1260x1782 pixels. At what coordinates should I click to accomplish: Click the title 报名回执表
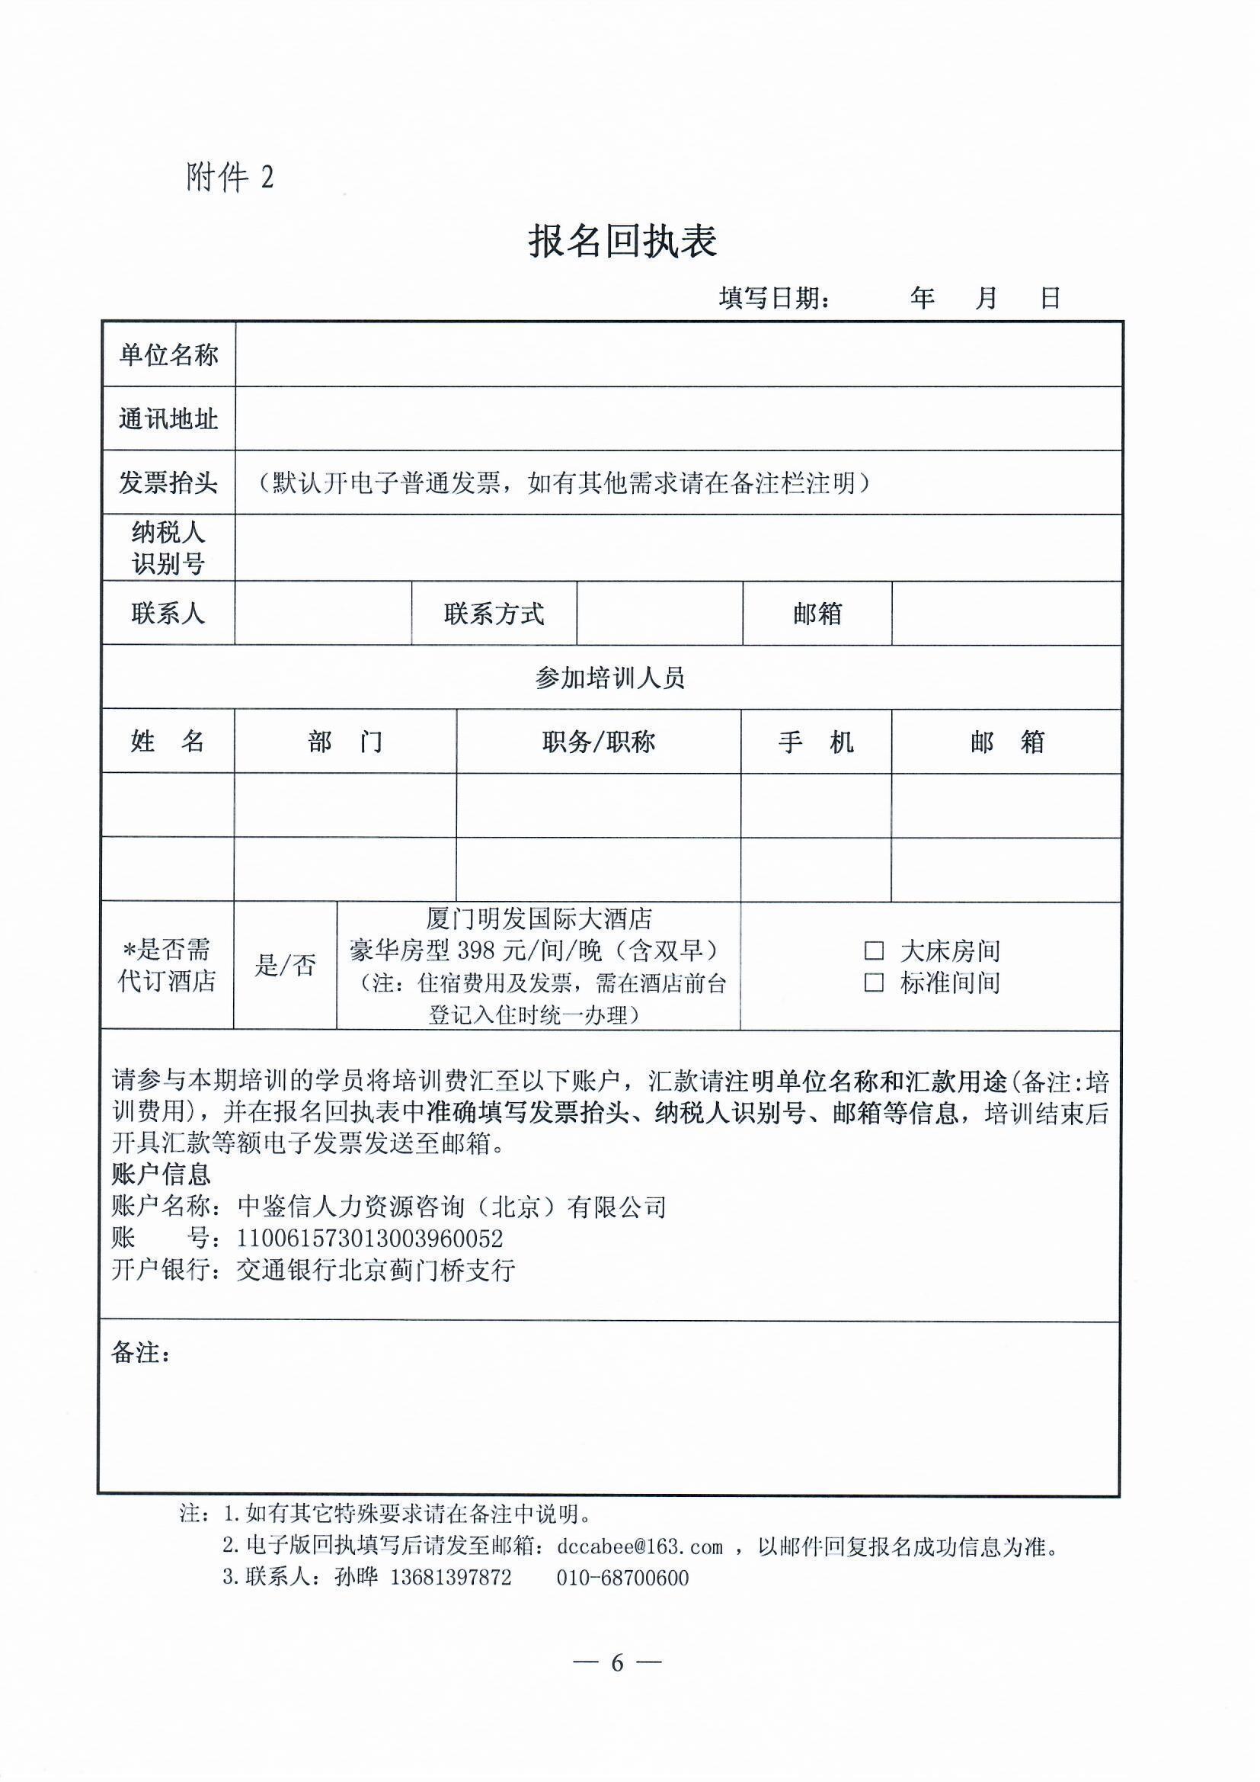pyautogui.click(x=622, y=242)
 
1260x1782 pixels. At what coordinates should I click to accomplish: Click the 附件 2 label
pyautogui.click(x=229, y=178)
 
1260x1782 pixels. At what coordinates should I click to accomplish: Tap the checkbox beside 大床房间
pyautogui.click(x=874, y=950)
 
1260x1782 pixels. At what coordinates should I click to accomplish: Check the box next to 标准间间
pyautogui.click(x=874, y=982)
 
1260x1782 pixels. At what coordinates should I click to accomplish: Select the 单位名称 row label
pyautogui.click(x=168, y=355)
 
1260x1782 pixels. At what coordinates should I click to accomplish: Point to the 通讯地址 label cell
pyautogui.click(x=168, y=419)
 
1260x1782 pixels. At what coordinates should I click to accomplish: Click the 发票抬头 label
pyautogui.click(x=168, y=482)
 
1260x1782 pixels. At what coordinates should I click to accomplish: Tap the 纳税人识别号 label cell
pyautogui.click(x=168, y=547)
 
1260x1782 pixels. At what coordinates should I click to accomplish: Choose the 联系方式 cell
pyautogui.click(x=494, y=614)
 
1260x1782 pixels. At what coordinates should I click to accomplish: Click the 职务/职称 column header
pyautogui.click(x=598, y=742)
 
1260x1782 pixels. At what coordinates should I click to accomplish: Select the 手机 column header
pyautogui.click(x=815, y=742)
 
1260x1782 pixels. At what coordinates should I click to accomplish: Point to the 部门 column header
pyautogui.click(x=344, y=742)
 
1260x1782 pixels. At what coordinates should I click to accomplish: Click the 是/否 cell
pyautogui.click(x=285, y=966)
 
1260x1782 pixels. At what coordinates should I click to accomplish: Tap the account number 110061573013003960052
pyautogui.click(x=370, y=1238)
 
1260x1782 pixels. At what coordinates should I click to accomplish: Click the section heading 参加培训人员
pyautogui.click(x=610, y=678)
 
